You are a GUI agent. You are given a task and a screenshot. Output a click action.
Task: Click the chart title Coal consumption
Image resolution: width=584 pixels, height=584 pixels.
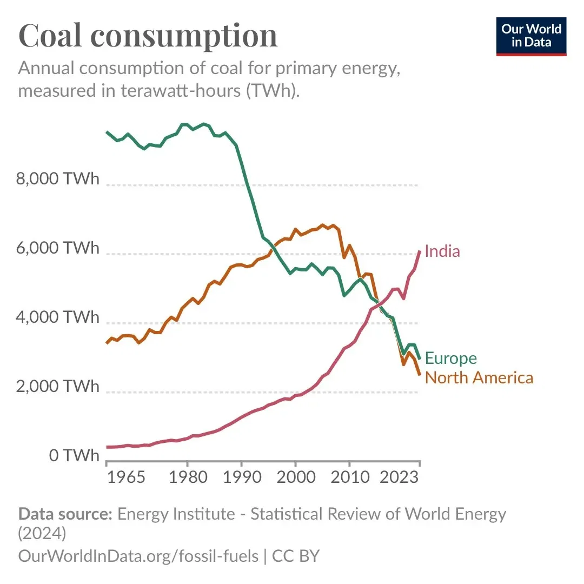(x=148, y=36)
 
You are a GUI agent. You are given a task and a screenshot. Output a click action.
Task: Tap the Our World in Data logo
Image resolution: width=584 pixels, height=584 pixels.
(x=531, y=36)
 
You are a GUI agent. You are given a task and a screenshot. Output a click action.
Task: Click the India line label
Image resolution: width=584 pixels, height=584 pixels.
(x=442, y=251)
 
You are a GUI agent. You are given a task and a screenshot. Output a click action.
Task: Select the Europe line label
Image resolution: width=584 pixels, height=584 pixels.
(x=450, y=358)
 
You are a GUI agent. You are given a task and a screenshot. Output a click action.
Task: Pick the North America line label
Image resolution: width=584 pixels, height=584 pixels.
(x=479, y=377)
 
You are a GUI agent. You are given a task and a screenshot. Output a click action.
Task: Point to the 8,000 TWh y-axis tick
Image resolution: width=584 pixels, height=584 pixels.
(x=58, y=179)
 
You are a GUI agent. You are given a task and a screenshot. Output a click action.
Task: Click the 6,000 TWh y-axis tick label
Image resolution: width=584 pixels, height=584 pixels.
(x=58, y=248)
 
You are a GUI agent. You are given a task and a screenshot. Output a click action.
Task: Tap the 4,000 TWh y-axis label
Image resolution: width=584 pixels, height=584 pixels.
(x=58, y=317)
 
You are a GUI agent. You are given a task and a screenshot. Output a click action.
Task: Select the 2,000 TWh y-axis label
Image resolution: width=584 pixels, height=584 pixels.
(x=58, y=387)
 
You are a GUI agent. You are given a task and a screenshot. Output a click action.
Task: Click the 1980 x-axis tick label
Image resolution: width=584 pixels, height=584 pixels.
(x=187, y=478)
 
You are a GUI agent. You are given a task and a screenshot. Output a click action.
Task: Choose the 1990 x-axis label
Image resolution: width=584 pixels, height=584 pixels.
(x=241, y=478)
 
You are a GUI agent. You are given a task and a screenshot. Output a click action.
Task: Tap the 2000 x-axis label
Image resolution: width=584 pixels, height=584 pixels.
(x=295, y=478)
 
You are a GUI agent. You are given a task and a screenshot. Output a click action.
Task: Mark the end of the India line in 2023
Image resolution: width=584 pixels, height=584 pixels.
(x=420, y=251)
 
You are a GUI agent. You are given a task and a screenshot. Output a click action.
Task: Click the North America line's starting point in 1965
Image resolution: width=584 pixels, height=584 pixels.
(x=107, y=343)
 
